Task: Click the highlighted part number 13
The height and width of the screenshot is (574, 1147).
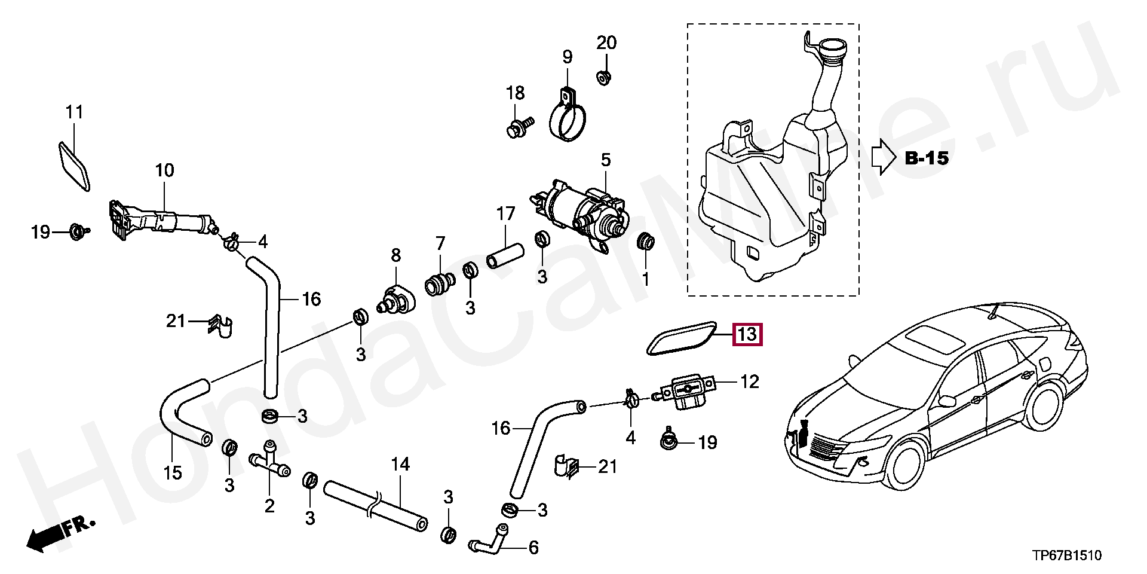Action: [747, 334]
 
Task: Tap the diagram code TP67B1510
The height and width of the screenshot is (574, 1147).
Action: [1066, 556]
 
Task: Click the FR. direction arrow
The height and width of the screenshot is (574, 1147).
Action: [60, 534]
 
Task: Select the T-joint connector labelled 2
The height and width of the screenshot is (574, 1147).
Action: [269, 465]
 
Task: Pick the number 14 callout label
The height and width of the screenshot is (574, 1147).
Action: [400, 464]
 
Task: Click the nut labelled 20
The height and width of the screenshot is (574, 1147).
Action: [604, 78]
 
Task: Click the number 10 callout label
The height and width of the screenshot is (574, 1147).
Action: [164, 170]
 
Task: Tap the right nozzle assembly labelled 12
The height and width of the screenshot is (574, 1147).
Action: [688, 392]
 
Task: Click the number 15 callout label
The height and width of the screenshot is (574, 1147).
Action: [173, 473]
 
